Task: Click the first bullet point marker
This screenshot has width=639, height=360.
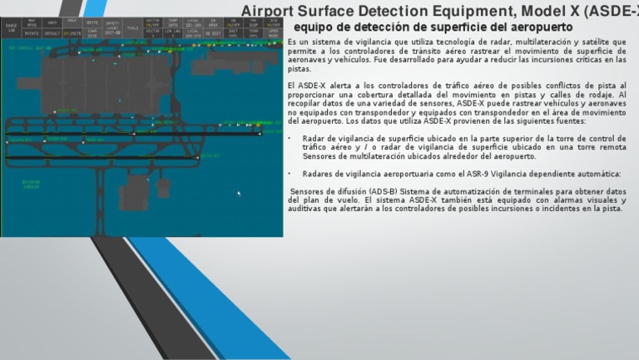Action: coord(290,139)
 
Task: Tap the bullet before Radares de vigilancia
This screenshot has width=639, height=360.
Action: coord(290,174)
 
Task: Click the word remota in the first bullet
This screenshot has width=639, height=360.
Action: coord(612,147)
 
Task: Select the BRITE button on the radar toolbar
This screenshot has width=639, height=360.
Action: coord(92,23)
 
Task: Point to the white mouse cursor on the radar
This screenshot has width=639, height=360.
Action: coord(239,194)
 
